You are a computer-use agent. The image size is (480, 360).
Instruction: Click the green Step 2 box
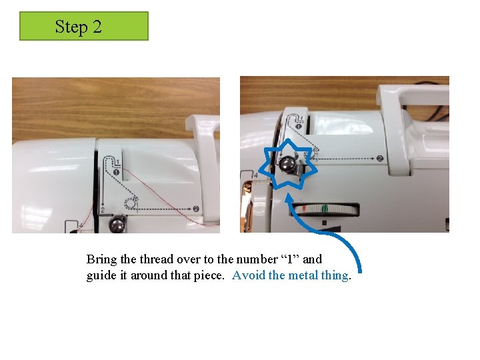pyautogui.click(x=83, y=26)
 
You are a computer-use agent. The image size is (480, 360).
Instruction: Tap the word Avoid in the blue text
pyautogui.click(x=249, y=275)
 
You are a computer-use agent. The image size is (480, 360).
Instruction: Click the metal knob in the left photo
pyautogui.click(x=117, y=225)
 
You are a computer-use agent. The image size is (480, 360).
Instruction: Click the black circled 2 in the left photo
pyautogui.click(x=197, y=208)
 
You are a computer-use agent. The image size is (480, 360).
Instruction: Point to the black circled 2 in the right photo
pyautogui.click(x=379, y=158)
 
